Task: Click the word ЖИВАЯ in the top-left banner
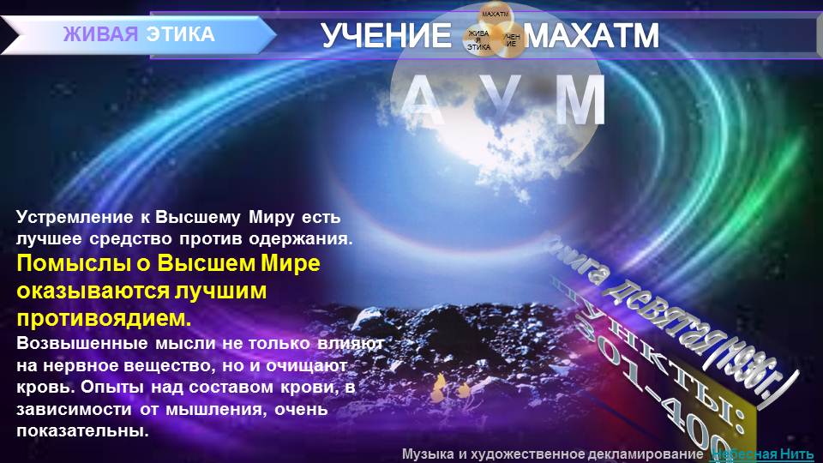(100, 35)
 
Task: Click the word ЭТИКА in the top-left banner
(180, 35)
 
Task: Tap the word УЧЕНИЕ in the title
(386, 36)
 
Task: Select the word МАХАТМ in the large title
(592, 36)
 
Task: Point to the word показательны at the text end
(82, 430)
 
